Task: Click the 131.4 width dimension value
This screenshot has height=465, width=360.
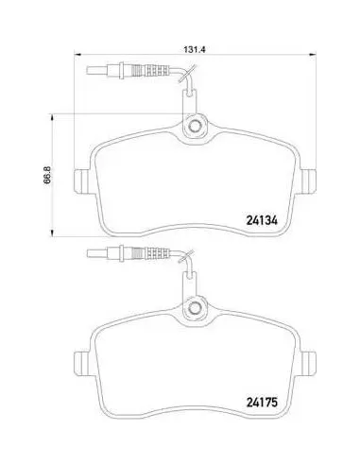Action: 195,49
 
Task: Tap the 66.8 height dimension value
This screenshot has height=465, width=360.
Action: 47,175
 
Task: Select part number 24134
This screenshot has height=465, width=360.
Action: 262,220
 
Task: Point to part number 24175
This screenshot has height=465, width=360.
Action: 262,402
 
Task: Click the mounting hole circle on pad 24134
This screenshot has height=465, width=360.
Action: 195,126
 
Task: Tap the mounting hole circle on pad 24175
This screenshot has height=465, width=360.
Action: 195,307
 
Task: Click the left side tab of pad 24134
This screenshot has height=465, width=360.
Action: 84,181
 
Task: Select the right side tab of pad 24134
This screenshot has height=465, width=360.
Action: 307,181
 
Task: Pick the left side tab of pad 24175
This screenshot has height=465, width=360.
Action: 84,363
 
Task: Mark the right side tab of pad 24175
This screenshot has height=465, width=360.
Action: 307,363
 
